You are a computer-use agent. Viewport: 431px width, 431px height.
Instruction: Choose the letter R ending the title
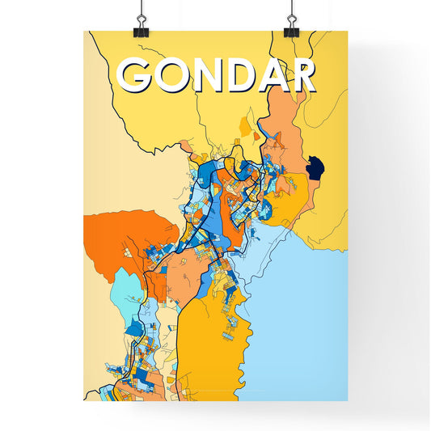click(301, 75)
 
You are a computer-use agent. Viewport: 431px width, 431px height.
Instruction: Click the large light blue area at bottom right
click(307, 323)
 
